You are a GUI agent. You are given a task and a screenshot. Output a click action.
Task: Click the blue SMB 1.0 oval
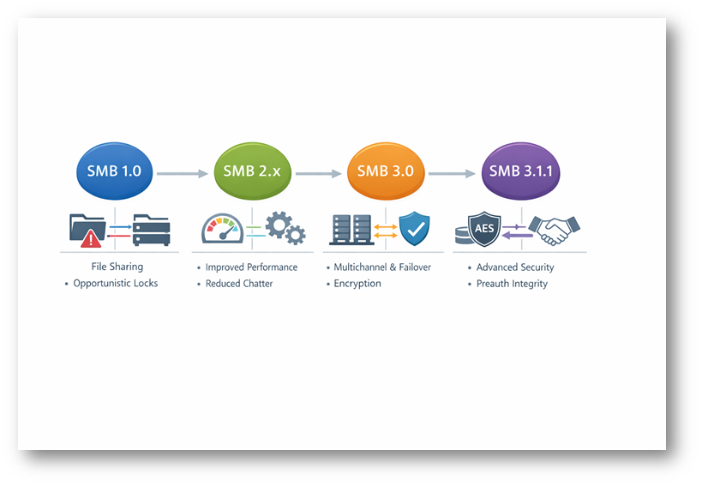point(115,171)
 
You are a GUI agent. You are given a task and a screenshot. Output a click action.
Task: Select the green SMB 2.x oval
point(251,171)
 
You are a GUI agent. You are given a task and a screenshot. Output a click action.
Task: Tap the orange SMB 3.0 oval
point(385,171)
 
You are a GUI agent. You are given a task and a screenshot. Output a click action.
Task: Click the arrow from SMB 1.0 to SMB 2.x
point(183,173)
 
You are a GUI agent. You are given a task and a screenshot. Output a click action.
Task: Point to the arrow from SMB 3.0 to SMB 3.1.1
point(451,173)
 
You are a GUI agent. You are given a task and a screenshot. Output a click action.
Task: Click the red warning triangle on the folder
point(92,238)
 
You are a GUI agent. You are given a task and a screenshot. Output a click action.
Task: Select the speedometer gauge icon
point(222,229)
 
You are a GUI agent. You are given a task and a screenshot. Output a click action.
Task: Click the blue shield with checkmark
point(415,229)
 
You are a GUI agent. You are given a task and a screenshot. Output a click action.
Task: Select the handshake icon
point(554,229)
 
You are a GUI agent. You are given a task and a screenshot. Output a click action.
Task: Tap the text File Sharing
point(117,267)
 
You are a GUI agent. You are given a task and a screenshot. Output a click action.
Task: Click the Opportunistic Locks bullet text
point(115,284)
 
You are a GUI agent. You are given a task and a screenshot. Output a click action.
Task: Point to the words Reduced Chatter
point(238,284)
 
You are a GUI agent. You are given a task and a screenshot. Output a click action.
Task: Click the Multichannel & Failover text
point(382,267)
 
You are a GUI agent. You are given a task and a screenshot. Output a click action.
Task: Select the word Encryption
point(357,284)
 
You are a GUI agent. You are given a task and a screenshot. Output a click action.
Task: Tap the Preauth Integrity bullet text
point(512,284)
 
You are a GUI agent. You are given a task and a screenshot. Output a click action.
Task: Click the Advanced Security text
point(515,267)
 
